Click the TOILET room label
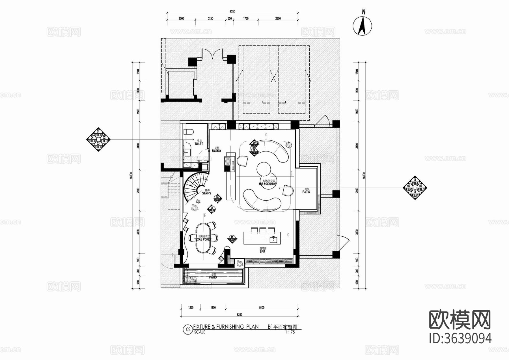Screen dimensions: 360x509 (x=199, y=144)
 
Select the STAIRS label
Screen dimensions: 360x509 (x=206, y=193)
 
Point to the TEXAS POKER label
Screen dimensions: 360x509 (x=203, y=239)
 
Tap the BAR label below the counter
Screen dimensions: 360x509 (x=262, y=251)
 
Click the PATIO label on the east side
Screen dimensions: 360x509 (x=306, y=192)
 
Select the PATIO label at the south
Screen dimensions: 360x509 (x=213, y=277)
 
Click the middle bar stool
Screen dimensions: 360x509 (x=263, y=230)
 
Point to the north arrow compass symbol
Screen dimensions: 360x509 (x=363, y=26)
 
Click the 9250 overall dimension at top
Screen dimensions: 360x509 (x=232, y=11)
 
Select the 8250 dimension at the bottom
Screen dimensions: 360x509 (x=239, y=314)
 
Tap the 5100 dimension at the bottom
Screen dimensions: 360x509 (x=262, y=308)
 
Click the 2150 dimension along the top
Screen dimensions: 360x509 (x=210, y=19)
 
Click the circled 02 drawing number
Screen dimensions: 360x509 (x=187, y=329)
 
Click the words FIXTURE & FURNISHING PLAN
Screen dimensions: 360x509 (x=226, y=327)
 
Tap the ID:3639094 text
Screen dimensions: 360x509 (x=460, y=338)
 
